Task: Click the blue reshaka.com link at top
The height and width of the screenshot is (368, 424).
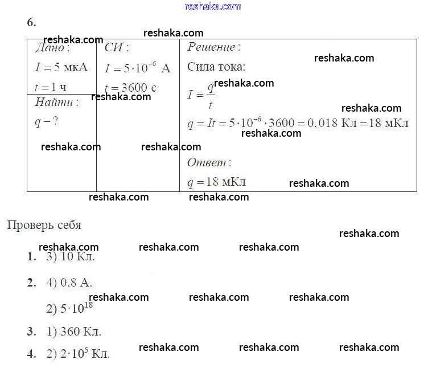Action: (x=213, y=6)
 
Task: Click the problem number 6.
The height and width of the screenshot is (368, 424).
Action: (x=32, y=22)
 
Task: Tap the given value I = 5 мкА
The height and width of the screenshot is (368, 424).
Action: (x=61, y=67)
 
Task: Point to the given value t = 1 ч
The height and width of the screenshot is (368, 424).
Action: (x=51, y=87)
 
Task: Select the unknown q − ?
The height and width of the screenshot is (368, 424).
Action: (x=47, y=122)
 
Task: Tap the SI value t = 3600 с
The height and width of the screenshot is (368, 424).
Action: (x=130, y=88)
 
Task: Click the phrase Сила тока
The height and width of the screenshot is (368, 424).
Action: (x=216, y=67)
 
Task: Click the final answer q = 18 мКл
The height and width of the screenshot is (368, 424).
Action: (x=217, y=182)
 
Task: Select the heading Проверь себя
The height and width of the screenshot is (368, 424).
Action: (x=44, y=225)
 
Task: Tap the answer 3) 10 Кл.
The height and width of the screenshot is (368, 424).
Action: (x=71, y=256)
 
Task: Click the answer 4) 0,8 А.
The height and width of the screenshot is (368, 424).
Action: (x=69, y=283)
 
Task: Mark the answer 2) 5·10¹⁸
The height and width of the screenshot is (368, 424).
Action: (x=69, y=308)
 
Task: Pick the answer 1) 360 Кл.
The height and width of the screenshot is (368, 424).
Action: (x=74, y=332)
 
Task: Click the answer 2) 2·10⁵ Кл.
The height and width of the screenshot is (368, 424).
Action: (x=78, y=353)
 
